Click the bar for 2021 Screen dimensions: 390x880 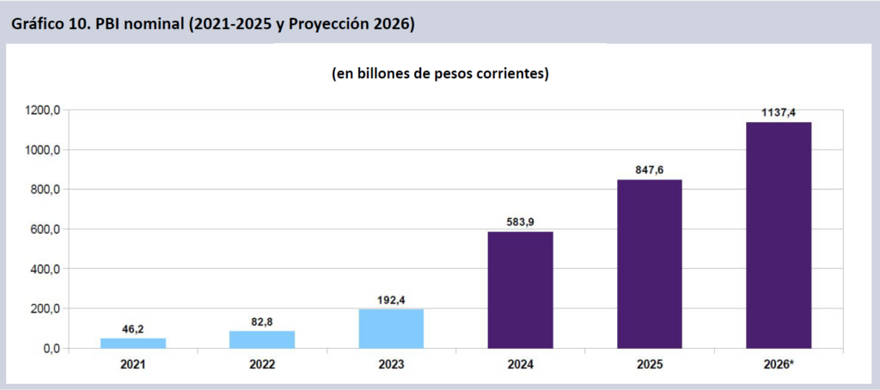[133, 343]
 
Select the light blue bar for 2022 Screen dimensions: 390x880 [262, 339]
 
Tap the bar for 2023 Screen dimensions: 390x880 [391, 328]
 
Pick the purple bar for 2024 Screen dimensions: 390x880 [520, 289]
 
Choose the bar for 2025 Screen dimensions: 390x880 [649, 264]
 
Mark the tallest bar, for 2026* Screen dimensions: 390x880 [779, 235]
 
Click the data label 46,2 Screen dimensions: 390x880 [133, 329]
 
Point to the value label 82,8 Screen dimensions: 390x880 [262, 322]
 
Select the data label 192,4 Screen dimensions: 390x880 [391, 300]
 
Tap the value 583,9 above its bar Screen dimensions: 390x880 [520, 222]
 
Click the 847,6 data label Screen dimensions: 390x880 [649, 170]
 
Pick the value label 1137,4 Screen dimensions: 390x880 [779, 113]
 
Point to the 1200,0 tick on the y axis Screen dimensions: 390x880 [41, 110]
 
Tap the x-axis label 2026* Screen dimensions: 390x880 [779, 365]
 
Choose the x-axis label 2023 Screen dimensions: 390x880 [391, 365]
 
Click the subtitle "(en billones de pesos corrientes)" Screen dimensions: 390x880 [440, 74]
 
